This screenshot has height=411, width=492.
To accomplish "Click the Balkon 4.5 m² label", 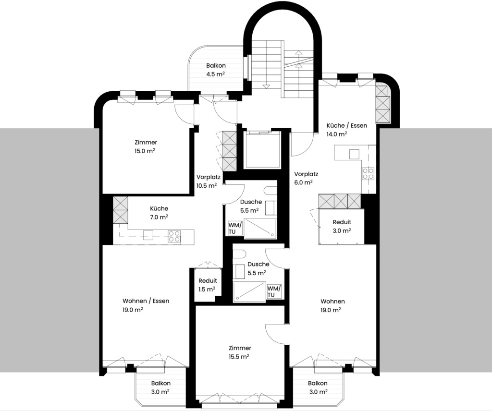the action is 216,70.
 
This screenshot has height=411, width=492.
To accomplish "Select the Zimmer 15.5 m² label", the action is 240,352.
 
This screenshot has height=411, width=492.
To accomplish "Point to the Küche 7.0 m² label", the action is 159,213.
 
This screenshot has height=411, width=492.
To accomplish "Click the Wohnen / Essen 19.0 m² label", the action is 146,305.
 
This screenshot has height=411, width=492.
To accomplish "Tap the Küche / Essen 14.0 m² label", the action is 346,130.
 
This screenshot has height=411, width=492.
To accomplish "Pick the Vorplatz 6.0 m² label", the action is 306,178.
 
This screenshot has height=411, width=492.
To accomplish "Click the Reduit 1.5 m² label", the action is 208,285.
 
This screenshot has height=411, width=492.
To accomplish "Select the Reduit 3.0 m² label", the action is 342,226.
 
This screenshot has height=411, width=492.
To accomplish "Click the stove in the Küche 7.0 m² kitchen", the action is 174,236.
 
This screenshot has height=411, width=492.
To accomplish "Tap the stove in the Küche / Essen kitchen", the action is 368,173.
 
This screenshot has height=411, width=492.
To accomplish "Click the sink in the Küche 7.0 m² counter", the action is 148,235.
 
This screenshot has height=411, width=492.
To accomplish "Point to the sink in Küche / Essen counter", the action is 354,154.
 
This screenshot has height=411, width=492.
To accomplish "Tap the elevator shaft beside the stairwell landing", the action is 262,150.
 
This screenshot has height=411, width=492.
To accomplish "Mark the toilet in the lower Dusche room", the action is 238,254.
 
